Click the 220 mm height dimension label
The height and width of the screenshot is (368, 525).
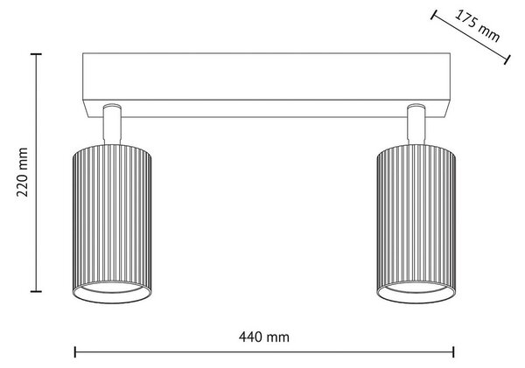[23, 172]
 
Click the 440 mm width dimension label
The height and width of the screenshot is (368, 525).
[264, 337]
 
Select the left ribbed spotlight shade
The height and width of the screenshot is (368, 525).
[112, 224]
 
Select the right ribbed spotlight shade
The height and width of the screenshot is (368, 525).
[416, 224]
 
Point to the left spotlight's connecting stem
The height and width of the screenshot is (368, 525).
[112, 124]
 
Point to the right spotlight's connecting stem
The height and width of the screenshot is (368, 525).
[416, 124]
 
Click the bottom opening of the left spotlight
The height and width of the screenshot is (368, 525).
[112, 292]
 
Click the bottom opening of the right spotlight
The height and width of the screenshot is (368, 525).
[416, 292]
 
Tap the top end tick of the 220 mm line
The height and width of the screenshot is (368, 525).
[36, 53]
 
